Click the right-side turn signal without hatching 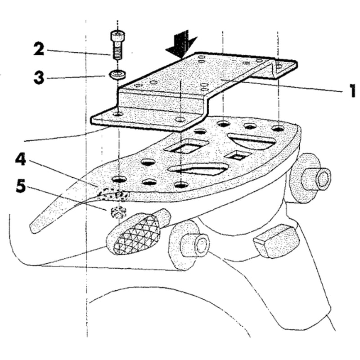[x=275, y=240]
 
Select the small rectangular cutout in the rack [x=237, y=156]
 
